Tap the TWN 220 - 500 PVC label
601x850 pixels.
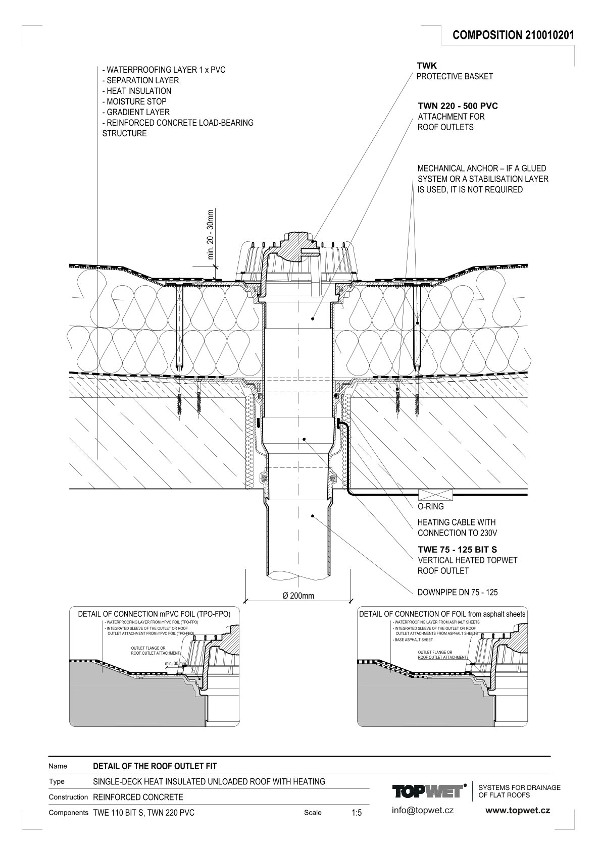[x=458, y=106]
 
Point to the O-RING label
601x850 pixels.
[x=430, y=507]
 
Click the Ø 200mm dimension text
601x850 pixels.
[x=298, y=596]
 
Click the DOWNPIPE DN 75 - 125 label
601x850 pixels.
[x=458, y=592]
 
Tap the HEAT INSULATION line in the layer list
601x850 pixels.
[x=136, y=91]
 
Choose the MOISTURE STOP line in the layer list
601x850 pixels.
[x=134, y=101]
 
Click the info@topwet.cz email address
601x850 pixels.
[x=423, y=810]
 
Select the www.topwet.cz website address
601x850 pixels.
[x=518, y=810]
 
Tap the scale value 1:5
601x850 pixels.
[x=357, y=813]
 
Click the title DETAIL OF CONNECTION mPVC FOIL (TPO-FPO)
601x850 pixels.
[x=154, y=614]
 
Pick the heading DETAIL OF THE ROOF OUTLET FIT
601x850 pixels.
[x=155, y=766]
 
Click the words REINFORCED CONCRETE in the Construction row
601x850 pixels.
[x=138, y=797]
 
